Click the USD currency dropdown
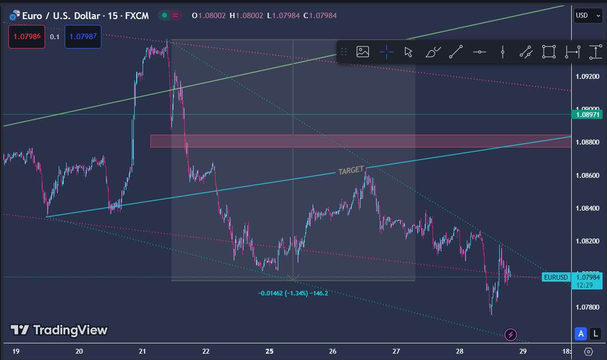(588, 15)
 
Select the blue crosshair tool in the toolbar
(386, 51)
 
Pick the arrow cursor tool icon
(408, 51)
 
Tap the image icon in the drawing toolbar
(363, 51)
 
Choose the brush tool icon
(433, 51)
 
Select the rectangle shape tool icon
(549, 51)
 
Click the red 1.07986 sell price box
(26, 37)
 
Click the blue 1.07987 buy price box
(83, 37)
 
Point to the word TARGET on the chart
(351, 171)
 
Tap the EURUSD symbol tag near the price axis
(556, 278)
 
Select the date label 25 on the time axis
(269, 351)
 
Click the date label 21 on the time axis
(143, 351)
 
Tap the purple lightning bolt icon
(511, 335)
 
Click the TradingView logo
(59, 330)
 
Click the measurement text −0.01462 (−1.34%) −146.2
(293, 293)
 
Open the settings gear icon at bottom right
(589, 351)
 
